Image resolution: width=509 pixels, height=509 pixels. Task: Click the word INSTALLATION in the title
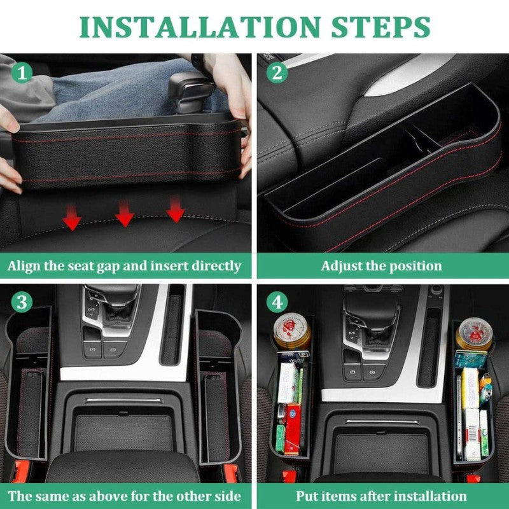tap(200, 27)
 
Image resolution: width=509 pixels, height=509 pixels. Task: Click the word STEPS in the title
tap(380, 27)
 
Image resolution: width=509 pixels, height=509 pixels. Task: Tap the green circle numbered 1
tap(22, 73)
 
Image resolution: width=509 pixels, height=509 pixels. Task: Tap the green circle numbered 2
tap(277, 73)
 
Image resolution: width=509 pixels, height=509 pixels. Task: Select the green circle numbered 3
tap(22, 302)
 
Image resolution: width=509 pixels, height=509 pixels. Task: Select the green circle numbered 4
tap(277, 302)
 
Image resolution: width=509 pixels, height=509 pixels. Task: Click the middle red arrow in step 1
tap(125, 213)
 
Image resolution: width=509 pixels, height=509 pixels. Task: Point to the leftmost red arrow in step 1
tap(72, 217)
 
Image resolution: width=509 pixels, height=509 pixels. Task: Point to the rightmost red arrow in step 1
tap(176, 209)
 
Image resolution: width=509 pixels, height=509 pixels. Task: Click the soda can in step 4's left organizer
tap(292, 331)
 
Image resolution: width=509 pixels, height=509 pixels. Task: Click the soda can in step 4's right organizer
tap(474, 334)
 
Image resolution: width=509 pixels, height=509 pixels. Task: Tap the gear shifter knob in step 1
tap(192, 92)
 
